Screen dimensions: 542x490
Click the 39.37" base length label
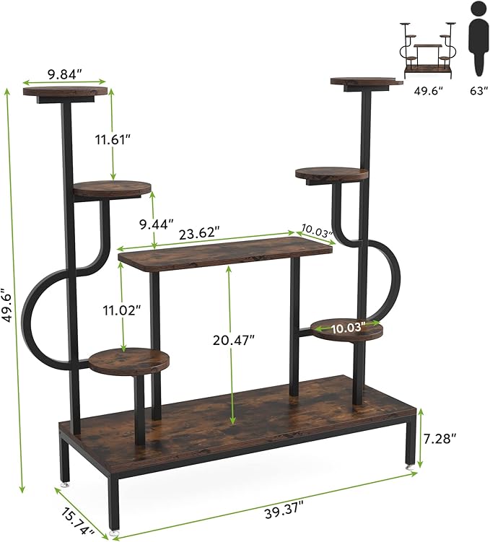281,511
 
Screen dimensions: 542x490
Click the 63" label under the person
476,91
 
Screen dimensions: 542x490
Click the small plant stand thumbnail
429,51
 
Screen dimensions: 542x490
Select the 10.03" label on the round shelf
349,328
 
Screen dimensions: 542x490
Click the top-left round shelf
65,92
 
